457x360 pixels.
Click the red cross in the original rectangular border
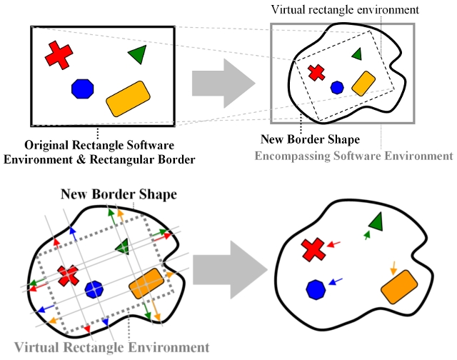(x=60, y=55)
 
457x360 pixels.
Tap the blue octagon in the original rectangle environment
(x=83, y=89)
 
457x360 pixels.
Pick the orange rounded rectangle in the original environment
(x=128, y=99)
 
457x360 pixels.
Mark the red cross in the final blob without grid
(x=312, y=249)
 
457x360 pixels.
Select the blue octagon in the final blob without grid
(x=316, y=289)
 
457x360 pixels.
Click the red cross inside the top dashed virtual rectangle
(x=316, y=72)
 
